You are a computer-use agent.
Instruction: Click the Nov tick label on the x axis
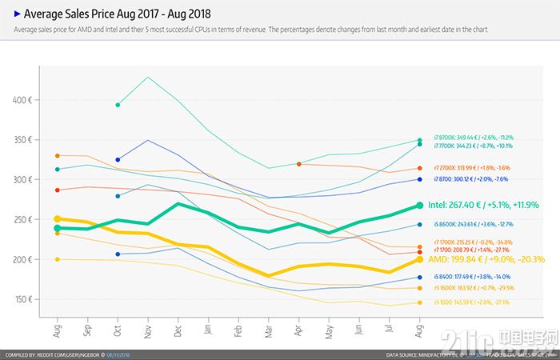(147, 330)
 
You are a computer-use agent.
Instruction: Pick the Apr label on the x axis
(299, 330)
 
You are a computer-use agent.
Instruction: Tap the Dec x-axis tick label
(178, 330)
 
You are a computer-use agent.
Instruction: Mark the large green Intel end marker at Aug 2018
(420, 206)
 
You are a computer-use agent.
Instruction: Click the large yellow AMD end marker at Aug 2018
(420, 260)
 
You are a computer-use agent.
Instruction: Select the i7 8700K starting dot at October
(118, 105)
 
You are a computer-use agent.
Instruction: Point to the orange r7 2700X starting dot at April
(298, 164)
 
